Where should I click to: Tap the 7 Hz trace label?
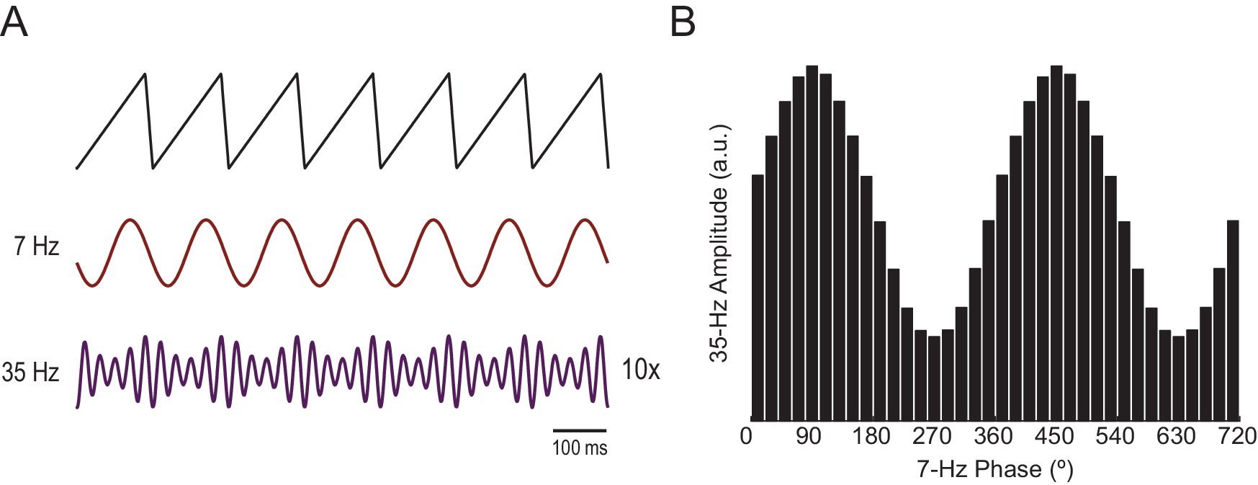point(36,246)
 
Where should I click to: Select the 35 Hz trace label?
point(30,373)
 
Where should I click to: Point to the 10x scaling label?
point(640,370)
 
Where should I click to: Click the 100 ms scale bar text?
point(580,448)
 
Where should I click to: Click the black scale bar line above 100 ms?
point(580,431)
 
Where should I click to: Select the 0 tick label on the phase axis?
point(747,437)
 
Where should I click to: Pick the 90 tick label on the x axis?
point(809,437)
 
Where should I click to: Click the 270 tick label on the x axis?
point(933,437)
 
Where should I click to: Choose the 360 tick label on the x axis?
point(994,437)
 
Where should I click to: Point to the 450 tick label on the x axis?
point(1055,437)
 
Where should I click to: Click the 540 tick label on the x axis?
point(1116,437)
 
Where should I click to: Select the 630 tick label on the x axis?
point(1177,437)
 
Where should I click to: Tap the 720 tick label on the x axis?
point(1237,437)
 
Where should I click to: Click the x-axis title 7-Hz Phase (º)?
point(995,470)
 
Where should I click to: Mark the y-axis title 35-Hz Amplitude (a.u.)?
point(720,243)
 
